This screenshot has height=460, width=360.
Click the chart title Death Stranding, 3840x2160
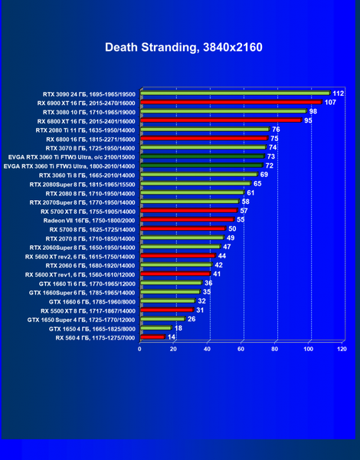coord(184,48)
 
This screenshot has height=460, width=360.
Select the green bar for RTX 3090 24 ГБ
coord(235,93)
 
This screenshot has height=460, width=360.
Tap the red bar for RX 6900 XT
coord(231,102)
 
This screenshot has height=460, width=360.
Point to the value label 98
coord(313,111)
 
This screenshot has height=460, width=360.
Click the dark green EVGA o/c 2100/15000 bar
coord(202,156)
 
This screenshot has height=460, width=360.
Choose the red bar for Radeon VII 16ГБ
coord(188,219)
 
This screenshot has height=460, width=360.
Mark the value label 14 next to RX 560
coord(172,337)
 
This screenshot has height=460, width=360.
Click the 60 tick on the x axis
coord(241,349)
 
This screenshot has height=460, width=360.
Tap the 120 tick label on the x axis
coord(342,349)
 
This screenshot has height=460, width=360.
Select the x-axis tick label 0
coord(139,349)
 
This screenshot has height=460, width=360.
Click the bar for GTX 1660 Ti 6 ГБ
coord(172,283)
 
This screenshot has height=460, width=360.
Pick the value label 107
coord(330,103)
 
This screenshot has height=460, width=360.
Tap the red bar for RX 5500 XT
coord(168,310)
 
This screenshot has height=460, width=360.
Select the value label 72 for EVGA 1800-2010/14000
coord(270,166)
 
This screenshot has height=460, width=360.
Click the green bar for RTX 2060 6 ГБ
coord(176,264)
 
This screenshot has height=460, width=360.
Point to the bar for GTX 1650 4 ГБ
coord(156,328)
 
